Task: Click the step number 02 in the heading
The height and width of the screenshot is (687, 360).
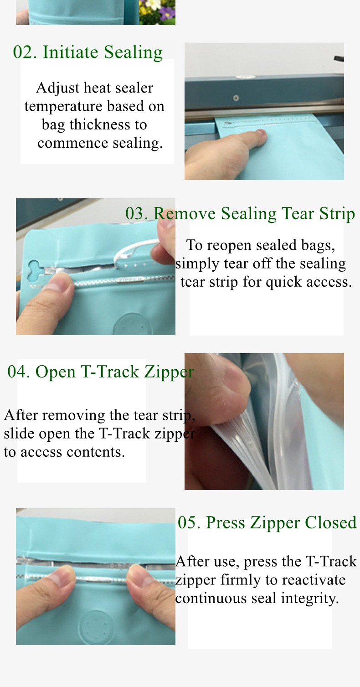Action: (25, 52)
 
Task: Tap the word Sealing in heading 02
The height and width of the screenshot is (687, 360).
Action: (134, 52)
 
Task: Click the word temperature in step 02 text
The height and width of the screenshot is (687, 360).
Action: (63, 107)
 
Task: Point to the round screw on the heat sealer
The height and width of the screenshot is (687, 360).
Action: (236, 98)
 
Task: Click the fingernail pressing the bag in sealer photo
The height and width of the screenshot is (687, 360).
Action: (261, 133)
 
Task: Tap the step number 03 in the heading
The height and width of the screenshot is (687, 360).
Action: (137, 213)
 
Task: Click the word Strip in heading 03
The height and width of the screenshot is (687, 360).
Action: (337, 214)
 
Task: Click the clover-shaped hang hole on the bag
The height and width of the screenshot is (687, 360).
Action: (36, 270)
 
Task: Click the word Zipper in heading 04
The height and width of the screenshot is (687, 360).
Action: (169, 372)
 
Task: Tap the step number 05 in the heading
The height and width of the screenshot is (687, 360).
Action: (189, 522)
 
